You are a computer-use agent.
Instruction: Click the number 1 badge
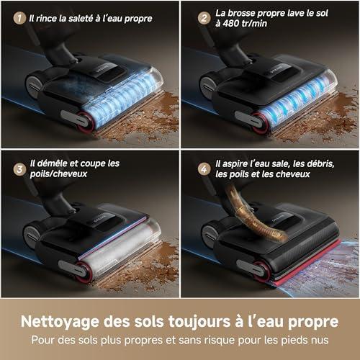19,18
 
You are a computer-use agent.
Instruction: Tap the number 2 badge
204,18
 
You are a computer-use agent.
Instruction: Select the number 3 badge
19,169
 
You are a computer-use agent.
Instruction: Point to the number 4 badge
204,169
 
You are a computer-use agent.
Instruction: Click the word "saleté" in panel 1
81,19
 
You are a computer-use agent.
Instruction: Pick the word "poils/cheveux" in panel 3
58,174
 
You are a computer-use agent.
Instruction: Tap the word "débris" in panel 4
320,163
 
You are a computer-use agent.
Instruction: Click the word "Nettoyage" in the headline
60,322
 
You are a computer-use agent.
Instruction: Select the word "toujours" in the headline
199,322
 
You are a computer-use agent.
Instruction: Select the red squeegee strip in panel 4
308,263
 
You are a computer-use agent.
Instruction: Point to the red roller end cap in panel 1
86,122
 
